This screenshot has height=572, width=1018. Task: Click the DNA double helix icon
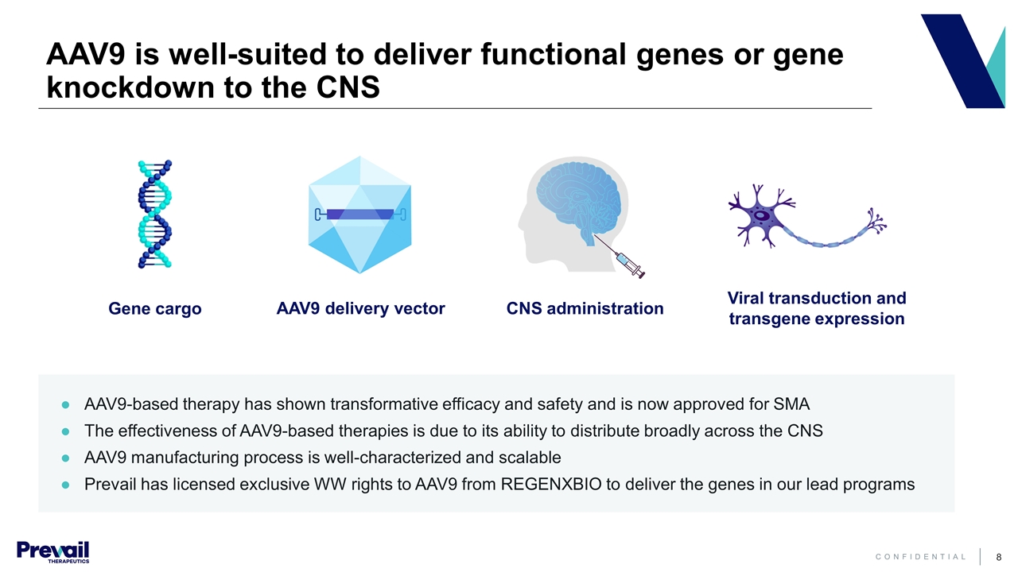coord(155,214)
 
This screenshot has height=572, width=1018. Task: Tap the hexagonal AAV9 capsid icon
coord(359,238)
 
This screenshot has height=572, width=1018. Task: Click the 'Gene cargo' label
coord(155,309)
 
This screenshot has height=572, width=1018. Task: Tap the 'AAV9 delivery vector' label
coord(360,308)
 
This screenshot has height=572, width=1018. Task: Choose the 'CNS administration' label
coord(585,308)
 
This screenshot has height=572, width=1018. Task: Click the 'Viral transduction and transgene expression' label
coord(817,308)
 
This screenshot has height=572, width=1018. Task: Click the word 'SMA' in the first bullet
coord(792,404)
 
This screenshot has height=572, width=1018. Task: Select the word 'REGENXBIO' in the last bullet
coord(552,484)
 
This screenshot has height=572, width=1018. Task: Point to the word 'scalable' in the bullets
coord(532,458)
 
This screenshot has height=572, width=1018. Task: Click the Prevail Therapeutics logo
coord(52,551)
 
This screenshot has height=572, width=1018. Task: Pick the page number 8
coord(998,557)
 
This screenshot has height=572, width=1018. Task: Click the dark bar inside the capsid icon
coord(360,214)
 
